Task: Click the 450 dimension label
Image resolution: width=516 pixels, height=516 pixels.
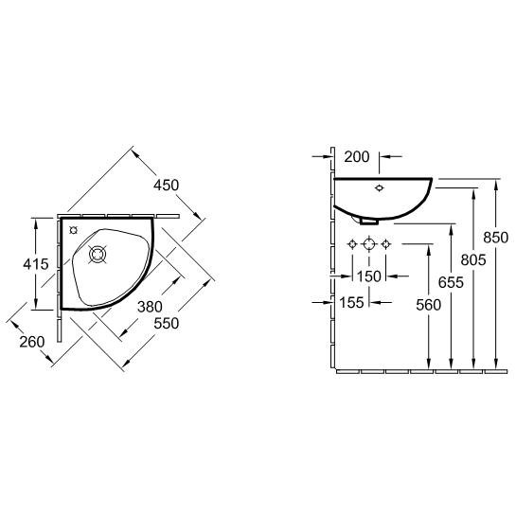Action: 167,186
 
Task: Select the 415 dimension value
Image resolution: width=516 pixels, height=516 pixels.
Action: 36,264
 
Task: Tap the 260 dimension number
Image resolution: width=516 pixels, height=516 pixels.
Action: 32,342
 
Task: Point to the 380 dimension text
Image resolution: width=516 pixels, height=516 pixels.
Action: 150,307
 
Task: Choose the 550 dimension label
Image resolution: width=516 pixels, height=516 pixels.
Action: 167,323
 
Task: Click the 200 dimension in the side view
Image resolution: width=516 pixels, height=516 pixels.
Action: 357,157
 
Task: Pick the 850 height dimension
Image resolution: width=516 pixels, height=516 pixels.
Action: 495,238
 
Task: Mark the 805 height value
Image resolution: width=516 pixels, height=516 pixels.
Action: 473,260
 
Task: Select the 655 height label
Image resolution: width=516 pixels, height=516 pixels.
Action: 451,282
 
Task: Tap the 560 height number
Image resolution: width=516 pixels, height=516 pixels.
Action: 429,305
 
